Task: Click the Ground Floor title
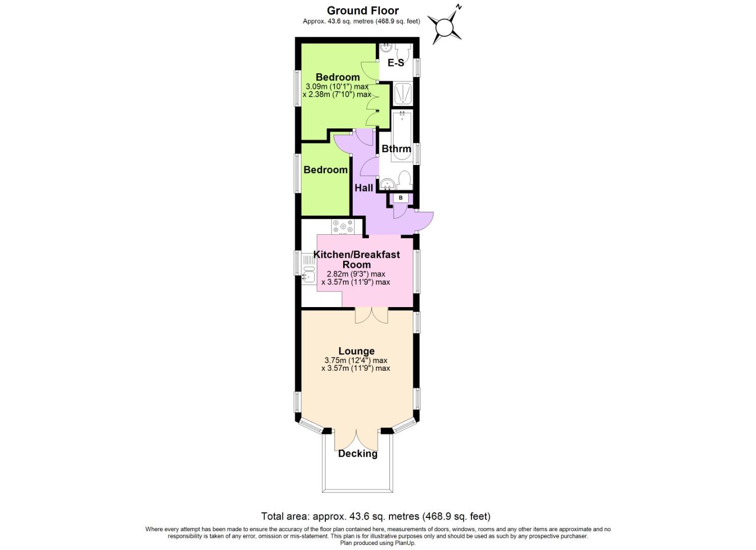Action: tap(362, 10)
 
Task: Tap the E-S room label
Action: tap(396, 63)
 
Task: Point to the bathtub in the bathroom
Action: tap(402, 136)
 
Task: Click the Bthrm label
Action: tap(396, 149)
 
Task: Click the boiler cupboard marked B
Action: tap(401, 198)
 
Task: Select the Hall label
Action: tap(363, 187)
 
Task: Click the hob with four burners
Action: tap(343, 227)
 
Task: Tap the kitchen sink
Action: tap(308, 276)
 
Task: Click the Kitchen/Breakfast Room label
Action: tap(356, 259)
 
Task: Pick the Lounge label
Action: tap(356, 351)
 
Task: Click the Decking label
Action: tap(358, 454)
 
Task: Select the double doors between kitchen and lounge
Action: tap(371, 315)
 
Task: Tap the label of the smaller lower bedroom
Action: tap(325, 170)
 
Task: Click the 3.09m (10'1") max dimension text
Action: tap(336, 86)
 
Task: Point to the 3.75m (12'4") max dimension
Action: tap(356, 360)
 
